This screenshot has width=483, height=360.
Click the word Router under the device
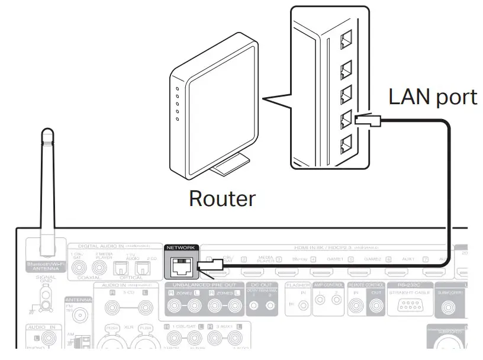point(222,198)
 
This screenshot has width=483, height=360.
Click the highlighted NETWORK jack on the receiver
point(180,267)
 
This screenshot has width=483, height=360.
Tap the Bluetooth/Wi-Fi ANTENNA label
point(45,266)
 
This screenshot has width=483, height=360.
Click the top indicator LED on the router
point(178,89)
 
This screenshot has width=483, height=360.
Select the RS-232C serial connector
point(409,306)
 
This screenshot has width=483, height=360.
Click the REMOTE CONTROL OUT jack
point(375,306)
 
